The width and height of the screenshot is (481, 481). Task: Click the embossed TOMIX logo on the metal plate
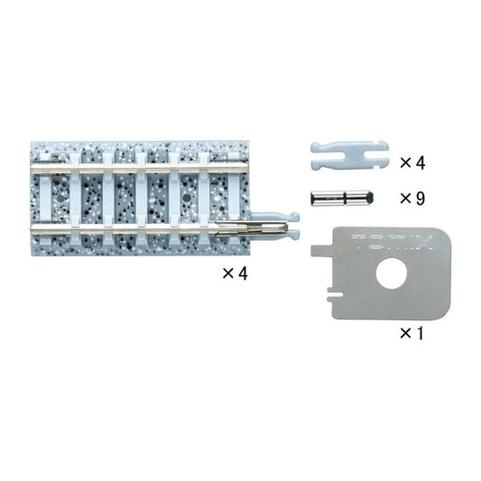[392, 242]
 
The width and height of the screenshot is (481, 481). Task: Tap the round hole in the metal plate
[392, 273]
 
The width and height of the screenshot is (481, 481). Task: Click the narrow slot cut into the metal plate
[335, 294]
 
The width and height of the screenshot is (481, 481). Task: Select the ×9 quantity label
[412, 199]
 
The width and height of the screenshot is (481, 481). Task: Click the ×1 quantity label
[412, 333]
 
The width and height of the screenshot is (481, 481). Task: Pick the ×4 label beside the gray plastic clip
[412, 162]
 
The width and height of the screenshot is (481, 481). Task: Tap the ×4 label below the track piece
[235, 273]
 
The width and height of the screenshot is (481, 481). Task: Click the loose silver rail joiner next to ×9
[342, 199]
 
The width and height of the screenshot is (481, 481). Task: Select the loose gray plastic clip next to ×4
[350, 155]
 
